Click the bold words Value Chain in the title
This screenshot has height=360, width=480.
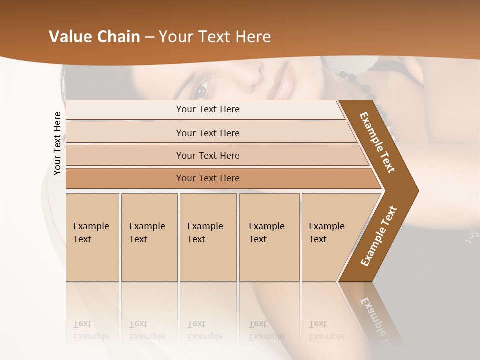tap(94, 37)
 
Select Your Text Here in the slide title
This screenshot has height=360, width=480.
tap(215, 37)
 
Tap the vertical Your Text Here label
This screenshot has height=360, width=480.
tap(57, 144)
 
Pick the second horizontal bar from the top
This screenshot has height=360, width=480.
tap(207, 133)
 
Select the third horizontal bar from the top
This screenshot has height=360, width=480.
tap(207, 155)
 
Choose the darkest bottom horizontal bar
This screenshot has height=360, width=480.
tap(207, 178)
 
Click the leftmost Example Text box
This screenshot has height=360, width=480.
tap(92, 237)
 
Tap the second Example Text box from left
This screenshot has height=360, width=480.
tap(149, 237)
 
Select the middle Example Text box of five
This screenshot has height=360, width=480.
tap(208, 237)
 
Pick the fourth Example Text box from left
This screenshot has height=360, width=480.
tap(269, 237)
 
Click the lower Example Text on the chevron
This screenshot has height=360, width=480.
tap(379, 236)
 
